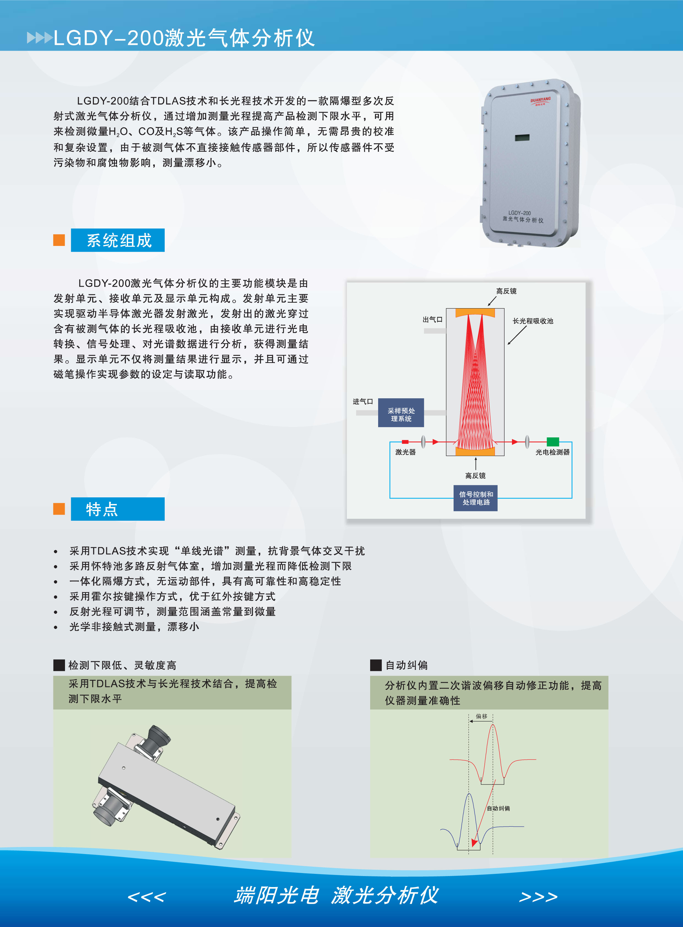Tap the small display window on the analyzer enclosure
click(x=522, y=137)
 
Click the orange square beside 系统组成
click(x=59, y=240)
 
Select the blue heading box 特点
click(x=118, y=509)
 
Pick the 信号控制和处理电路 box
click(x=475, y=498)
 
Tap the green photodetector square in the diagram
click(x=553, y=441)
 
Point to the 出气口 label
click(x=432, y=320)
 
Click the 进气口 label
click(x=363, y=402)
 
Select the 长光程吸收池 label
click(x=533, y=321)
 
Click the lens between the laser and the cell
click(x=423, y=441)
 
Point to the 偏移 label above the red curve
click(x=482, y=716)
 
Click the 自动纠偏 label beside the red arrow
click(x=498, y=808)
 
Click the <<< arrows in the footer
click(x=147, y=897)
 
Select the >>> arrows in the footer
click(x=538, y=897)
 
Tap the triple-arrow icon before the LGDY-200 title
click(x=40, y=38)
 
